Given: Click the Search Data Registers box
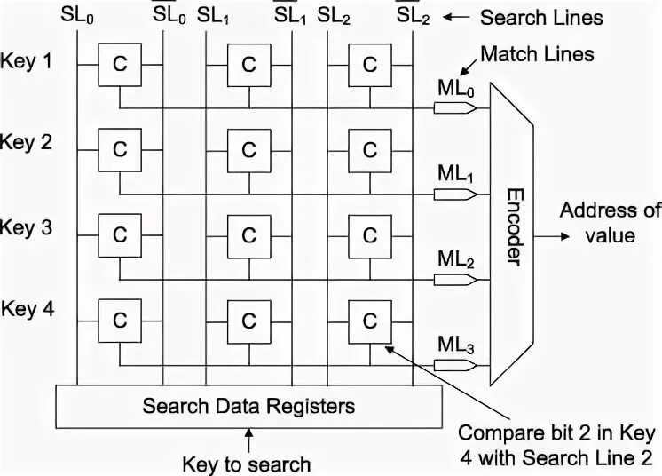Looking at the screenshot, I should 248,407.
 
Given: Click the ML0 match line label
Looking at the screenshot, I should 457,89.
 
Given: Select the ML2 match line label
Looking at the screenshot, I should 457,260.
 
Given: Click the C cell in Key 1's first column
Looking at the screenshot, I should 119,64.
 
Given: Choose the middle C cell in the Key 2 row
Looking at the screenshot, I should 248,148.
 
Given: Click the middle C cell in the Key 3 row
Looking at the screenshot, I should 248,234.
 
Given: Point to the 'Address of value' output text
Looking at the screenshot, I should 609,223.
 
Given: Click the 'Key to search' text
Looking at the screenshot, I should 246,464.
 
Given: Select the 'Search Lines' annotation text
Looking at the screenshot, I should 540,17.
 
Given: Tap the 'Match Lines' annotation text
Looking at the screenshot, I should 537,55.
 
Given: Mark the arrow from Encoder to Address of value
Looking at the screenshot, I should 548,237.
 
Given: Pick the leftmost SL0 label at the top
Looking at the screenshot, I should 76,15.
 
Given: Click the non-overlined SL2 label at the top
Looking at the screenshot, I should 333,15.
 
